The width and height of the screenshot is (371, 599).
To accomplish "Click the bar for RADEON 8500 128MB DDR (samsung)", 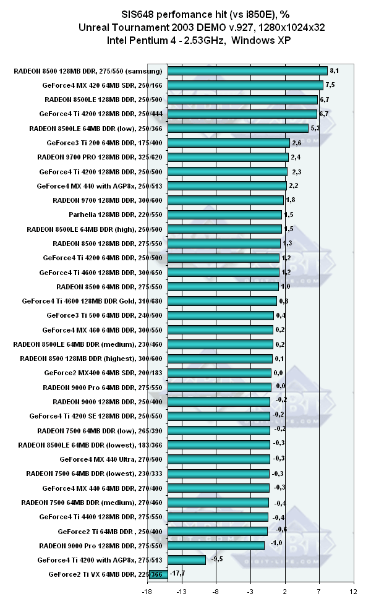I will click(x=247, y=70).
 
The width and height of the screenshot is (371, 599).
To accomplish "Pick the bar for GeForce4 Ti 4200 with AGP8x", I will click(x=186, y=559).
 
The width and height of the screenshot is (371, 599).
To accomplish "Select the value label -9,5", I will click(x=217, y=559).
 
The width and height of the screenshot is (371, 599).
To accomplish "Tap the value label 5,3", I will click(x=315, y=129).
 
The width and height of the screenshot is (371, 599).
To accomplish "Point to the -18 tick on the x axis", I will click(x=147, y=591).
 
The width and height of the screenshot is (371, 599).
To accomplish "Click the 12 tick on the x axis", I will click(x=353, y=591).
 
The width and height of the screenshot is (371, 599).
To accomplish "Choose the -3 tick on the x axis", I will click(x=250, y=591).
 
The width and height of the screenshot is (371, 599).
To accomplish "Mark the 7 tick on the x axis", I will click(x=319, y=591).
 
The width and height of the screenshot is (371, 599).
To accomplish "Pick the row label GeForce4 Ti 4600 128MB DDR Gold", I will click(x=92, y=301).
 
